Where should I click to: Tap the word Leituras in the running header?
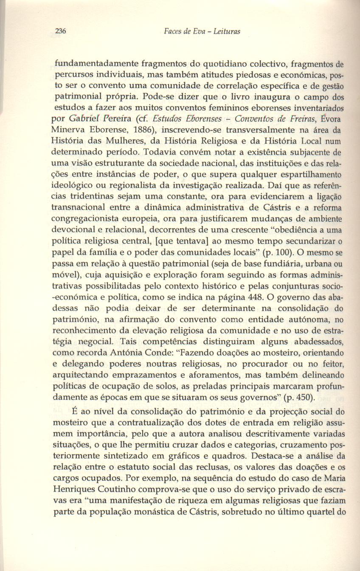click(x=226, y=32)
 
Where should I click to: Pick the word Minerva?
click(x=67, y=129)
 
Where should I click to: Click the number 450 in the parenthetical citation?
click(x=301, y=397)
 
